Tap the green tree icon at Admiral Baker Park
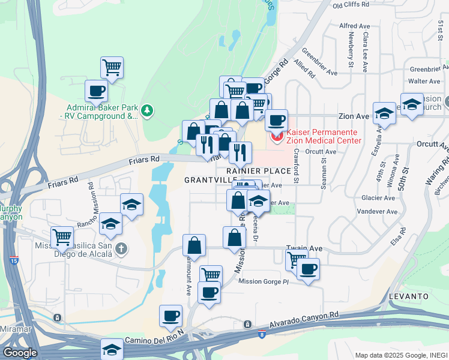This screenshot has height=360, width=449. click(x=146, y=110)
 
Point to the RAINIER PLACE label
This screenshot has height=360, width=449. click(x=258, y=171)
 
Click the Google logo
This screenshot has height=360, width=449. click(x=20, y=352)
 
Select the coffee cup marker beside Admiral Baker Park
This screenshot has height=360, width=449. click(x=97, y=91)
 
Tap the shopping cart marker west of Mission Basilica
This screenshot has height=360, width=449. click(x=62, y=236)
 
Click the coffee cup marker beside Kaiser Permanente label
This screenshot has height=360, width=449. click(x=276, y=119)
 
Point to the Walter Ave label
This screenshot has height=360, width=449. click(x=424, y=81)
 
